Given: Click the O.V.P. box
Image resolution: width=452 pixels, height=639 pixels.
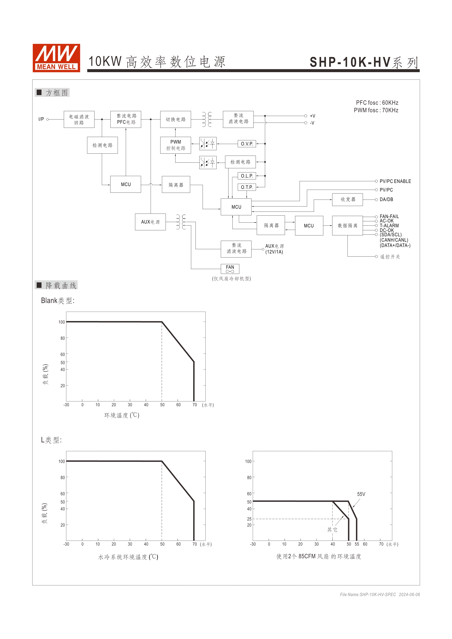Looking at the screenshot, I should [247, 144].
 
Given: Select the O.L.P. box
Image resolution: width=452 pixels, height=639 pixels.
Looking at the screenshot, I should [247, 176].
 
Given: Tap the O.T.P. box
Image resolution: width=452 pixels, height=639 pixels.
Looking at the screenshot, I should [247, 187].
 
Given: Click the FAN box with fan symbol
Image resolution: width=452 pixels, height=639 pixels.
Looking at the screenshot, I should [230, 269].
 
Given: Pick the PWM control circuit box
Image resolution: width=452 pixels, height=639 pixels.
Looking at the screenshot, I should [176, 145].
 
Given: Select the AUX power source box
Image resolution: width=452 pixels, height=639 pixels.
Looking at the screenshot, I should [150, 222].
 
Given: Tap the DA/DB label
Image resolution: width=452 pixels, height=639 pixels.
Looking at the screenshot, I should [386, 200].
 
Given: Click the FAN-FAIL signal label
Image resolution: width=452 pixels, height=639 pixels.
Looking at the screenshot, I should [389, 216].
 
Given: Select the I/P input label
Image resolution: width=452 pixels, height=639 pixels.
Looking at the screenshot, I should [41, 119].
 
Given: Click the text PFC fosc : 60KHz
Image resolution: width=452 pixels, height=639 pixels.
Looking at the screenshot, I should [377, 103].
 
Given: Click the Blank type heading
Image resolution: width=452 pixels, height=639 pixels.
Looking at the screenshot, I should [58, 301].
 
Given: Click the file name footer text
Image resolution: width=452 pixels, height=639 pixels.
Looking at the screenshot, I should [380, 595].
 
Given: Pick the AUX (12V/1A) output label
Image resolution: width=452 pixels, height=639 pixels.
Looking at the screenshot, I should [274, 249].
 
